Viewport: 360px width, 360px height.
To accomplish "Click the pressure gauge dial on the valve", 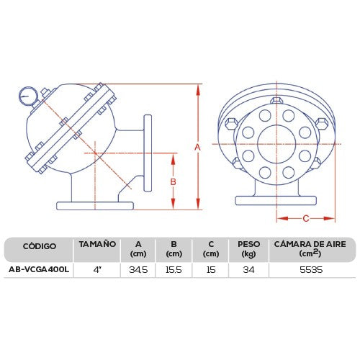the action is pyautogui.click(x=28, y=96).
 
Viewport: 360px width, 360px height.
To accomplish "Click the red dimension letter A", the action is pyautogui.click(x=197, y=147).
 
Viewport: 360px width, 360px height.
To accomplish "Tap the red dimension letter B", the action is pyautogui.click(x=174, y=182).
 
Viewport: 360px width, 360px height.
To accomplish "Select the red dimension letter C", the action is pyautogui.click(x=306, y=219).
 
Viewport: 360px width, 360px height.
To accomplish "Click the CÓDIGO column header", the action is pyautogui.click(x=40, y=246).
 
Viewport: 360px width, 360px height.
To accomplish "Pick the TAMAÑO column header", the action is pyautogui.click(x=97, y=244).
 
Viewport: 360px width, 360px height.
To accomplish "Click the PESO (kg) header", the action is pyautogui.click(x=249, y=249).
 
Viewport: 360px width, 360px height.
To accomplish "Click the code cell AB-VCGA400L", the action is pyautogui.click(x=39, y=269).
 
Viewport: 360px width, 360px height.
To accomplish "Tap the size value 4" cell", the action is pyautogui.click(x=97, y=270).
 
